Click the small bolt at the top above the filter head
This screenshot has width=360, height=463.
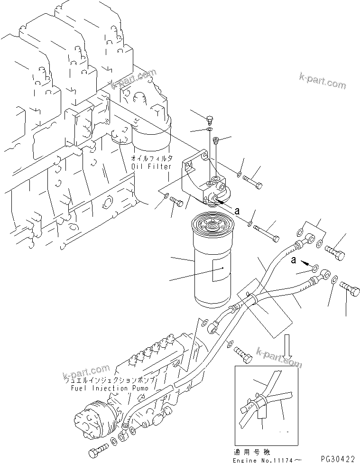[x=210, y=119]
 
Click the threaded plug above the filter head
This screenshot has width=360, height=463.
[x=216, y=140]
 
